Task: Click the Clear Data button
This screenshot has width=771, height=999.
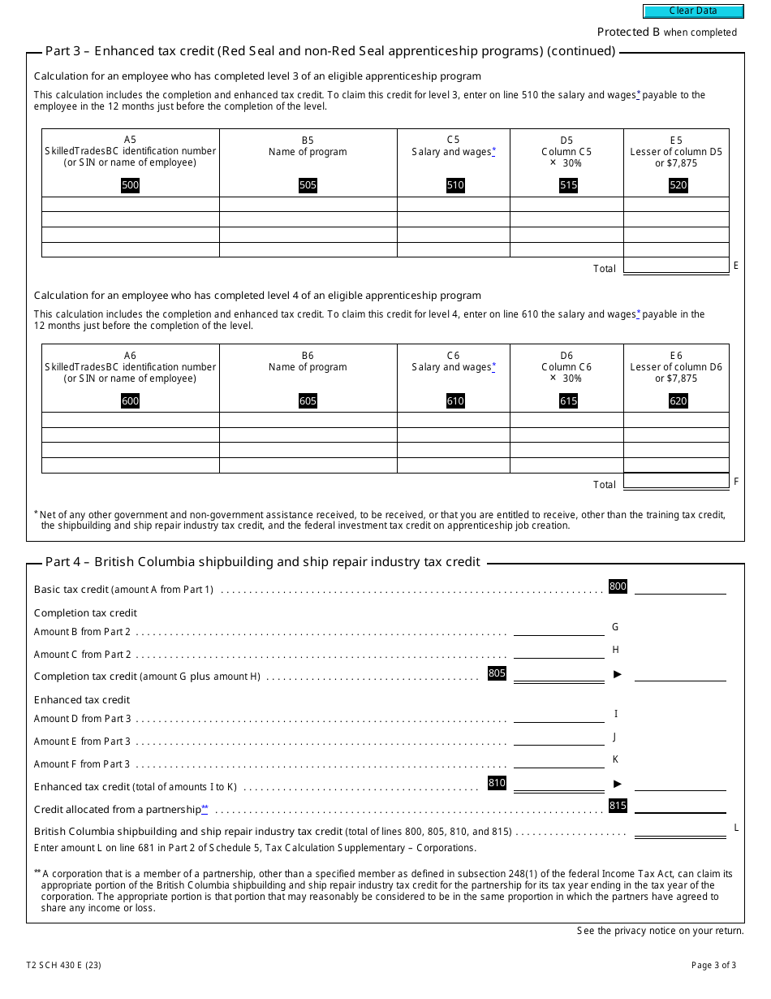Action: [x=693, y=11]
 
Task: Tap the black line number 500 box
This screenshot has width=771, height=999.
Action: [x=130, y=185]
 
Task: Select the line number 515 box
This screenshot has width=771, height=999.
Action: [x=568, y=185]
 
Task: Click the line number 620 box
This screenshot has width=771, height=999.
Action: [x=678, y=401]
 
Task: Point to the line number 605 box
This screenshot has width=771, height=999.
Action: [x=308, y=401]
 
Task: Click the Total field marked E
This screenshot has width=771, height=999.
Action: [x=676, y=266]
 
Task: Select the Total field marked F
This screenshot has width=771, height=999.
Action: [x=676, y=482]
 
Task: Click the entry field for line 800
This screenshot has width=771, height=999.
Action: [x=680, y=587]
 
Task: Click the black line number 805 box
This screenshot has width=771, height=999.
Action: [x=497, y=673]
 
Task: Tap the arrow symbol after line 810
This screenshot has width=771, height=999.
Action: [x=618, y=784]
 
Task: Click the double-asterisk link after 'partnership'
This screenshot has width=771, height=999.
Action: [x=205, y=809]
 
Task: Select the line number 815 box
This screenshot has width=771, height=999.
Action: [x=618, y=807]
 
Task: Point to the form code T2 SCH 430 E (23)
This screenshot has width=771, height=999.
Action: [x=63, y=966]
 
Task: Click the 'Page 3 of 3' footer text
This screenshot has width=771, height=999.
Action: [x=713, y=966]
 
